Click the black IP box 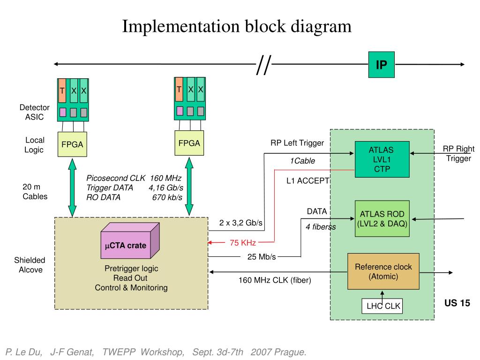click(382, 65)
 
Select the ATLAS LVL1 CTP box click(381, 160)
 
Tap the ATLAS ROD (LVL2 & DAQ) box click(381, 218)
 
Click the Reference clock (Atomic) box click(383, 271)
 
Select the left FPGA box click(72, 144)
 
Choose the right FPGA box click(189, 143)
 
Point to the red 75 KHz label click(242, 242)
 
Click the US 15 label click(457, 303)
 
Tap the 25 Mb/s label click(261, 256)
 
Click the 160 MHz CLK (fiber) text click(275, 280)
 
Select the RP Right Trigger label click(458, 154)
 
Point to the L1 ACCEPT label click(308, 180)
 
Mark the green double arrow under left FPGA click(73, 187)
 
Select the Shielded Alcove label click(30, 265)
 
